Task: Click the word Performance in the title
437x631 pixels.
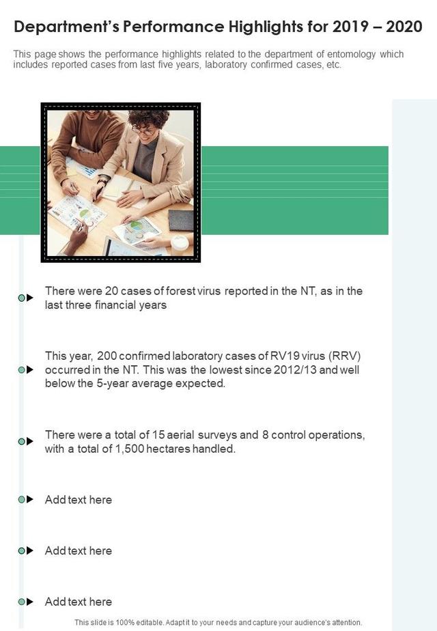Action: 174,27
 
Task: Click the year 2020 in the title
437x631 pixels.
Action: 404,27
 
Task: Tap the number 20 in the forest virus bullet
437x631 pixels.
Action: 111,291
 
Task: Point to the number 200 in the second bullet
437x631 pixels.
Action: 107,356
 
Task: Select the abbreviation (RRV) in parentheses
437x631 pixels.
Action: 344,356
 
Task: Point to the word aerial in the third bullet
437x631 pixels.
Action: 180,435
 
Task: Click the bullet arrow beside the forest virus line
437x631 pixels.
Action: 30,298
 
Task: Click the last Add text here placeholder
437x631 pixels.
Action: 79,602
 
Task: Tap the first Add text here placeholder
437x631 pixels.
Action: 79,500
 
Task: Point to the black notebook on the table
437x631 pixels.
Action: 181,220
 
